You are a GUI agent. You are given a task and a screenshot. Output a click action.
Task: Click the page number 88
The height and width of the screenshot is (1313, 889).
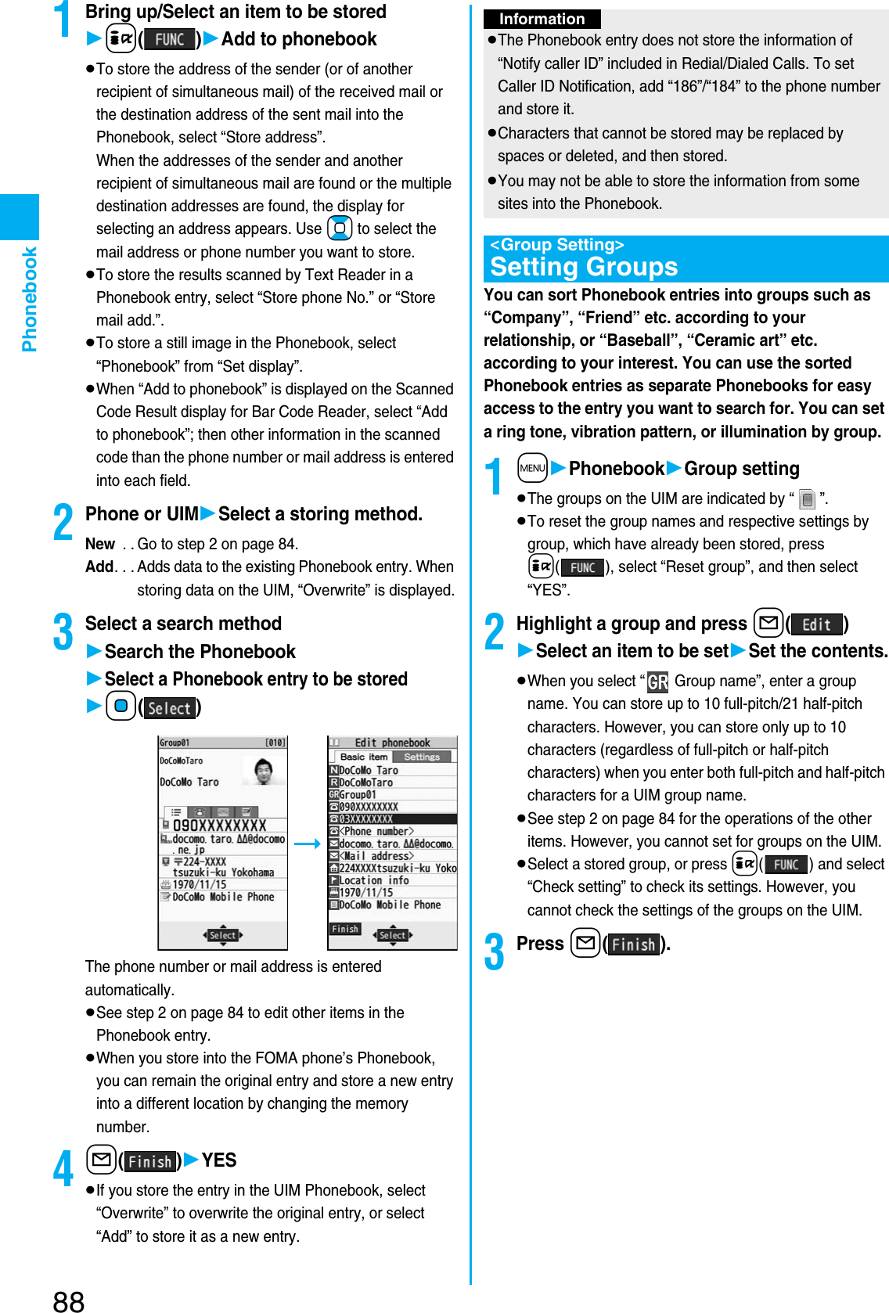[x=69, y=1300]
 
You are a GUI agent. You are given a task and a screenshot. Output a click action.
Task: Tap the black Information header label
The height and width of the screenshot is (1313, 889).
[x=542, y=19]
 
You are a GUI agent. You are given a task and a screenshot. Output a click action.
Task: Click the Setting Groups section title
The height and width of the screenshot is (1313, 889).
[x=584, y=268]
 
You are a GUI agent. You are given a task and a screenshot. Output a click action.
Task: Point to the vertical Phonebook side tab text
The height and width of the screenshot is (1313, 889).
[x=30, y=299]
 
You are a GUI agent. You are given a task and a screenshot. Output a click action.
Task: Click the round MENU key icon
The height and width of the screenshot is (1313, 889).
[x=532, y=468]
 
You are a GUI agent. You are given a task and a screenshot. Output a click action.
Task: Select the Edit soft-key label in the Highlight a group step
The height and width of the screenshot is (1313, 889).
[x=816, y=624]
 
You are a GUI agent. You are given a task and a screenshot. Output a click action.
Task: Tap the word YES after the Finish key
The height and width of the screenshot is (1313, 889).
[x=219, y=1160]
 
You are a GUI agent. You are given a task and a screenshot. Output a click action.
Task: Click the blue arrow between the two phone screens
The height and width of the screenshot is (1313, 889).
[x=308, y=844]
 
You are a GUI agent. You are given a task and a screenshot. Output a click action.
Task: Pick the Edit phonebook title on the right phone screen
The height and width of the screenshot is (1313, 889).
[x=392, y=743]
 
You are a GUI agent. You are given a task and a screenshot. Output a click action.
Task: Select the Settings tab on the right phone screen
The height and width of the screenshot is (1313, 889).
[x=422, y=757]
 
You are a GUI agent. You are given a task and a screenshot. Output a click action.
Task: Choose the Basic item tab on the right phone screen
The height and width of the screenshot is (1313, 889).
[x=364, y=757]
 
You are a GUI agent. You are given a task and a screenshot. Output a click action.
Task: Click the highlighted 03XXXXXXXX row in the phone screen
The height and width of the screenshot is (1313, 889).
[x=392, y=818]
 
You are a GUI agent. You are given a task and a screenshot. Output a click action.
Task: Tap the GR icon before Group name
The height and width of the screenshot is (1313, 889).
[x=657, y=682]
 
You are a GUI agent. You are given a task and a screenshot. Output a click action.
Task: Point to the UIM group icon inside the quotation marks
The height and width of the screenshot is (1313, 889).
[x=808, y=499]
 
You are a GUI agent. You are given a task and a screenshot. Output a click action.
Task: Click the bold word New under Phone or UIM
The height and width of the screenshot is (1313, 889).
[x=100, y=544]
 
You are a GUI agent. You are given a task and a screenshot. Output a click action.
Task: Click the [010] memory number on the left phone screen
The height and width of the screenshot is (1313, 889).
[x=275, y=743]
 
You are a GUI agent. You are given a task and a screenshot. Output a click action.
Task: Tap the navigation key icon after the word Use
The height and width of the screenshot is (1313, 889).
[x=340, y=228]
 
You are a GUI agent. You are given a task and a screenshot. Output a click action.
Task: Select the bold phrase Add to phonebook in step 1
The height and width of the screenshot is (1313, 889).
[x=299, y=39]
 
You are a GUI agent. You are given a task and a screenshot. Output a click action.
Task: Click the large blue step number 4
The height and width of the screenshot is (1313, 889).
[x=63, y=1167]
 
